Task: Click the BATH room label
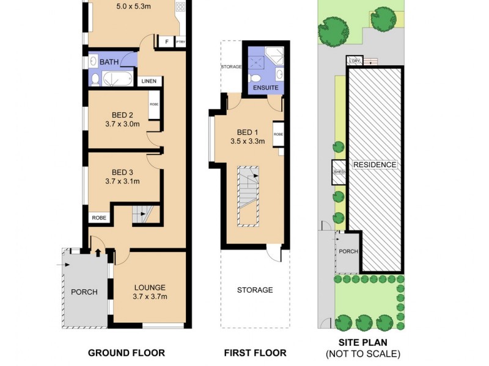point(109,62)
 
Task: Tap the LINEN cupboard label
point(149,81)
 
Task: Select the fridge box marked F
point(166,42)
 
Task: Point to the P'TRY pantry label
point(180,42)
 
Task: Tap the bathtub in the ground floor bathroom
point(114,79)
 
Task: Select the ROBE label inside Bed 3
point(98,217)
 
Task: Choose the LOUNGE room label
point(150,287)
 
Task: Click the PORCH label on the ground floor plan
point(84,292)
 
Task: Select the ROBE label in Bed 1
point(278,134)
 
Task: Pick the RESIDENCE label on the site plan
point(374,165)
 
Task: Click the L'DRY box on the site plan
point(353,61)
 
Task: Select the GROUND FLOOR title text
point(127,353)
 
